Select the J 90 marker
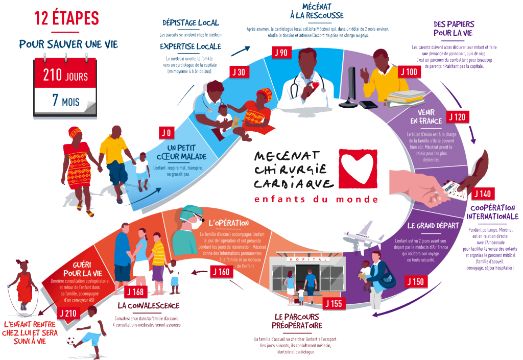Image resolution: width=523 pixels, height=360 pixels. coord(280,53)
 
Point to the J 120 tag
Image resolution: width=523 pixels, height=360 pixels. coord(457,117)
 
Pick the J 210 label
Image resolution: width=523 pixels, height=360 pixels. coord(68,313)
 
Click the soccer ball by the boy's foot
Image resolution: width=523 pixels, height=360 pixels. coord(70,340)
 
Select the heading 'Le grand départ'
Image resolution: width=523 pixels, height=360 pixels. coord(428,225)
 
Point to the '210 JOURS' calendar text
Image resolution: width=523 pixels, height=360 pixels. coord(65,77)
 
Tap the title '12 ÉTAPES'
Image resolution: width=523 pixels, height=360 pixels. coord(66,18)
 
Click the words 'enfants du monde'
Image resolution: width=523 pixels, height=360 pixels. coord(317,199)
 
